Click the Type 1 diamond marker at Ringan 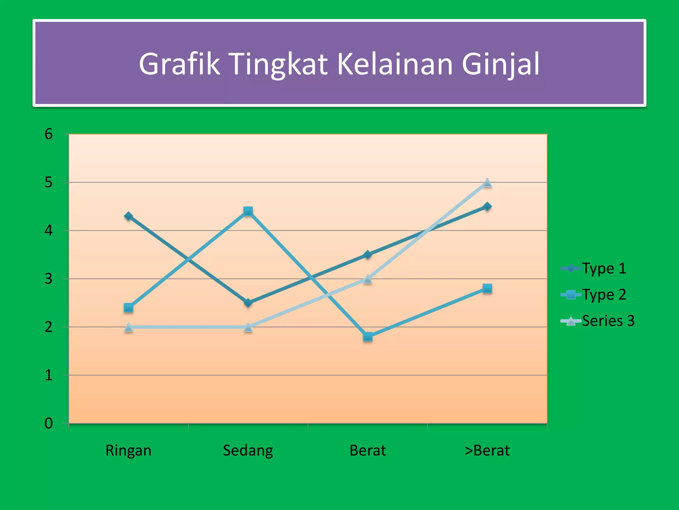(x=129, y=216)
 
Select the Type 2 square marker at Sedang (x=248, y=211)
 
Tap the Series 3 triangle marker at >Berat (x=487, y=183)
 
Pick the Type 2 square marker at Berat (x=368, y=337)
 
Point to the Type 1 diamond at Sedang (x=248, y=303)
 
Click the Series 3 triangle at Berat (x=368, y=279)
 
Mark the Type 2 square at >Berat (x=487, y=288)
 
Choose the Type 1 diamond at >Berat (x=487, y=207)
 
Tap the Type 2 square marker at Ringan (x=129, y=308)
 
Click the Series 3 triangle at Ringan (x=129, y=327)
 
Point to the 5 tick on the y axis (x=49, y=182)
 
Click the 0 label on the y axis (x=49, y=423)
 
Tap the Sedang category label (x=248, y=451)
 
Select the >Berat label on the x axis (x=487, y=451)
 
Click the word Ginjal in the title (x=501, y=64)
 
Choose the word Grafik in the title (x=179, y=64)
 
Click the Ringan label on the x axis (x=129, y=451)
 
